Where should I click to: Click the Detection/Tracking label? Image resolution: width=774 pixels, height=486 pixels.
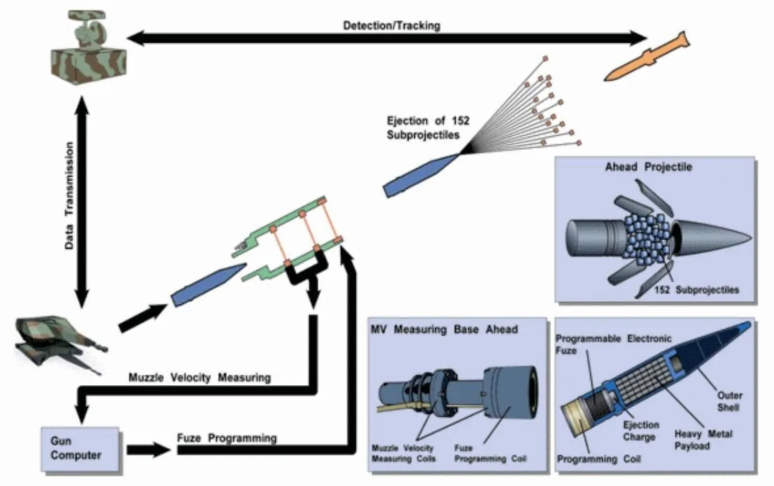[391, 26]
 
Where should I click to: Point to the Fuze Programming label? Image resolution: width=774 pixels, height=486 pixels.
[227, 438]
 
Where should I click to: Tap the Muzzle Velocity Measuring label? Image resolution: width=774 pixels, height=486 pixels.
[199, 378]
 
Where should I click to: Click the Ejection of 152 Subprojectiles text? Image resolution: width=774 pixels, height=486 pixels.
[428, 127]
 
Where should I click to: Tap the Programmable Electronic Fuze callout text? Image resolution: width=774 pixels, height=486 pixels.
[612, 344]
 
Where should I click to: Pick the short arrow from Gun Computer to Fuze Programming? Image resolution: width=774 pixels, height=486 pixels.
[148, 448]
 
